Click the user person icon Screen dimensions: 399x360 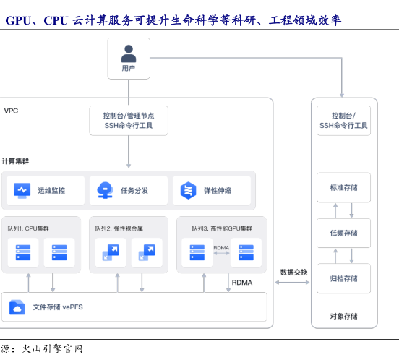[129, 53]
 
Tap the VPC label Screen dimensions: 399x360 [11, 111]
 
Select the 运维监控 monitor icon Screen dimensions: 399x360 [22, 190]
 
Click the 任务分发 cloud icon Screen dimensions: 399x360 [105, 190]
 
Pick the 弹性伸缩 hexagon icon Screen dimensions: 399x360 [188, 190]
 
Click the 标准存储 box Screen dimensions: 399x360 [343, 187]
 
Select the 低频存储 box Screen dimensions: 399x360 [343, 233]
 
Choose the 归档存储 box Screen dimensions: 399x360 [343, 278]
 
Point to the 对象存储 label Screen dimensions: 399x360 [343, 316]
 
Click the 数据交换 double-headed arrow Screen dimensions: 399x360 [292, 283]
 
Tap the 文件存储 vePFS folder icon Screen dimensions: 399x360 [17, 307]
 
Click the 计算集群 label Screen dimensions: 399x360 [15, 161]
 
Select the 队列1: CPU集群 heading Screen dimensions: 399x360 [28, 228]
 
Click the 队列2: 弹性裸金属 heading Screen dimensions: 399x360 [119, 228]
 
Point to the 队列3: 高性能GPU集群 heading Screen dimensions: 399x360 [222, 228]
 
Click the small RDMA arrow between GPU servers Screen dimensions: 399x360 [221, 253]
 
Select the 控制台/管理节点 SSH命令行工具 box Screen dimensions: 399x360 [129, 121]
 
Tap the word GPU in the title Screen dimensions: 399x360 [18, 20]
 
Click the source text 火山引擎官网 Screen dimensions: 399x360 [53, 348]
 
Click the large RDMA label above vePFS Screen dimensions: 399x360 [242, 283]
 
